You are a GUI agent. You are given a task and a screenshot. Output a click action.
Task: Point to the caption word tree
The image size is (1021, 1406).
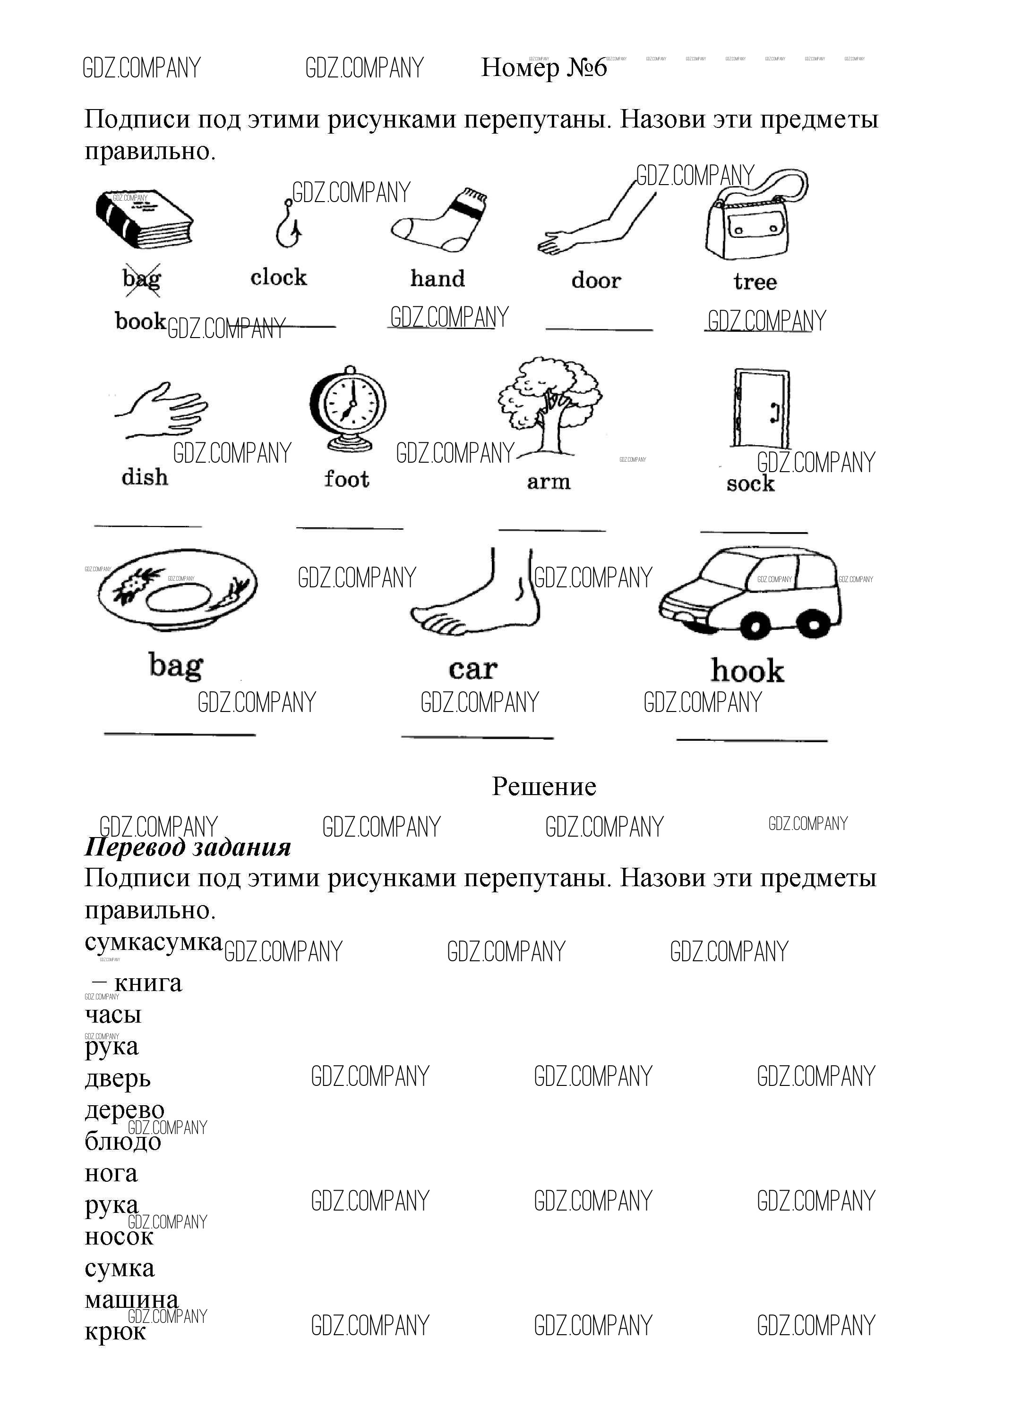755,282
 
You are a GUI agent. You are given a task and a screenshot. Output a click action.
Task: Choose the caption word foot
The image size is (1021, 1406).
347,479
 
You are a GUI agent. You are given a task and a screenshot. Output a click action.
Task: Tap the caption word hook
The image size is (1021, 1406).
747,671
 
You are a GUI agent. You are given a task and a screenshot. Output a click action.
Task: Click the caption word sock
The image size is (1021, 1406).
751,483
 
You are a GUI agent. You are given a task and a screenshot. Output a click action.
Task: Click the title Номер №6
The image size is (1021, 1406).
544,68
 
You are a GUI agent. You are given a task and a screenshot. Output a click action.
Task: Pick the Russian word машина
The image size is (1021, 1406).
131,1299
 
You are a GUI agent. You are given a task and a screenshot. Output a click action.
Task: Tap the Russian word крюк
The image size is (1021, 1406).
115,1331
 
